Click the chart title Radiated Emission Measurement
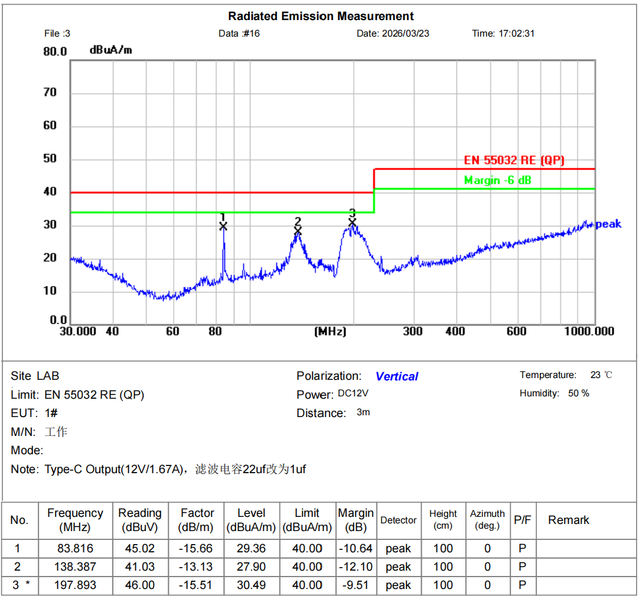click(x=321, y=16)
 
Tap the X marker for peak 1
click(x=223, y=226)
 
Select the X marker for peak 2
click(x=298, y=230)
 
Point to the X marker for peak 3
click(x=353, y=222)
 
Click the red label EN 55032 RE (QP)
click(x=514, y=160)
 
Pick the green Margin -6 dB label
click(x=497, y=180)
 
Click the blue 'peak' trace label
click(x=608, y=224)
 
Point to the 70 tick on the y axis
click(x=50, y=92)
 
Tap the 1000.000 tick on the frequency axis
click(x=589, y=331)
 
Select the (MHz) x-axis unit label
click(x=330, y=331)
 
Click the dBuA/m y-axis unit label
click(x=111, y=50)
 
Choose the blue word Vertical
click(x=397, y=376)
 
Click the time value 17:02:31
click(x=516, y=34)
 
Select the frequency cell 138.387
click(x=75, y=567)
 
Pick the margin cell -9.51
click(x=356, y=585)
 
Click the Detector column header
click(x=398, y=520)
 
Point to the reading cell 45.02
click(x=139, y=548)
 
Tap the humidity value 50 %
click(x=578, y=393)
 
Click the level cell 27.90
click(x=251, y=567)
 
